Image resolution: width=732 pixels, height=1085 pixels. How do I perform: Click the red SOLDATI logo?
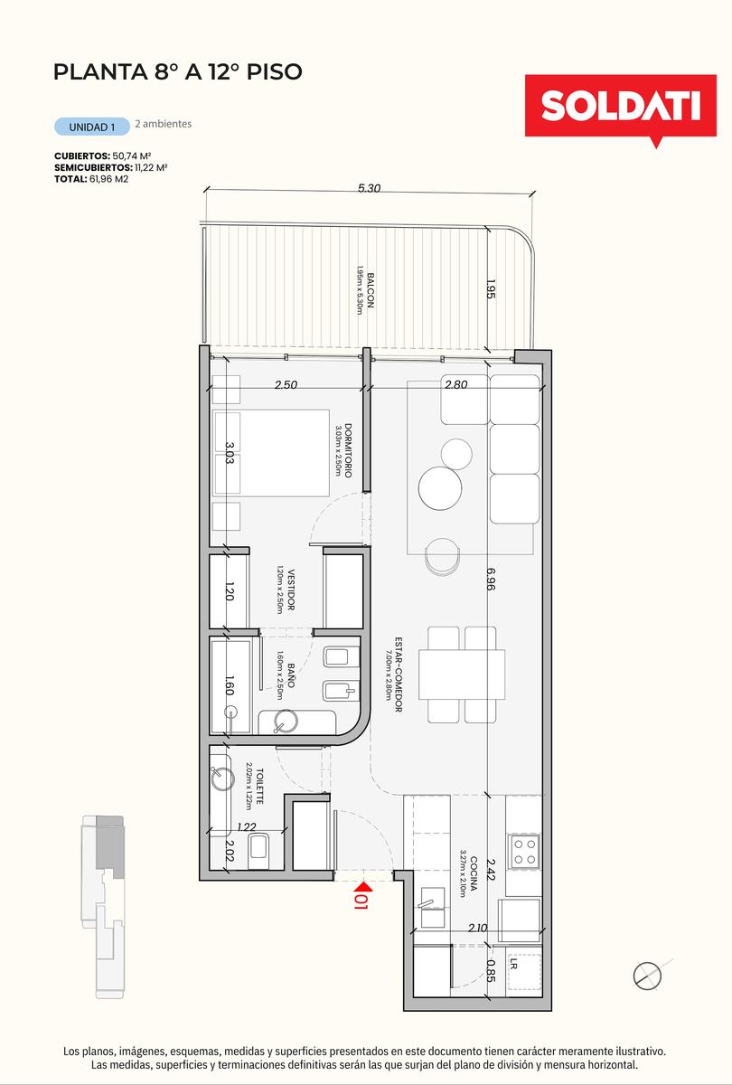[620, 109]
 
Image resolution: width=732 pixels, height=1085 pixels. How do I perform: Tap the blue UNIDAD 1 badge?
[92, 127]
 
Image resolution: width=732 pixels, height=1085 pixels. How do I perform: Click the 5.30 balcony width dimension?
[369, 188]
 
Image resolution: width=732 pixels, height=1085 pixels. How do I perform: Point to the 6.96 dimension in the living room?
[491, 579]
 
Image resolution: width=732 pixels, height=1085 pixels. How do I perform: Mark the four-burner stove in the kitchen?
[525, 852]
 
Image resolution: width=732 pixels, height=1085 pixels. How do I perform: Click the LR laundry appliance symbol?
[524, 972]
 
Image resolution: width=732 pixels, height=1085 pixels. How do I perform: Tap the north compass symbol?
[648, 976]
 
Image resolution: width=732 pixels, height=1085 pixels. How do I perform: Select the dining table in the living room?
[462, 674]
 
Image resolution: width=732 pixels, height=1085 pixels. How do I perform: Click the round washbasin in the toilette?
[222, 779]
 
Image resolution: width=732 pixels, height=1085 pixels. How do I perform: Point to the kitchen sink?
[432, 906]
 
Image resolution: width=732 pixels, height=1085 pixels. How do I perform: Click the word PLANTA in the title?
[99, 71]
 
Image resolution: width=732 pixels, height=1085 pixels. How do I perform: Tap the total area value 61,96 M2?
[109, 179]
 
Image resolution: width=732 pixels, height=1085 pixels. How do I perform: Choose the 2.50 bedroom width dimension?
[286, 384]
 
